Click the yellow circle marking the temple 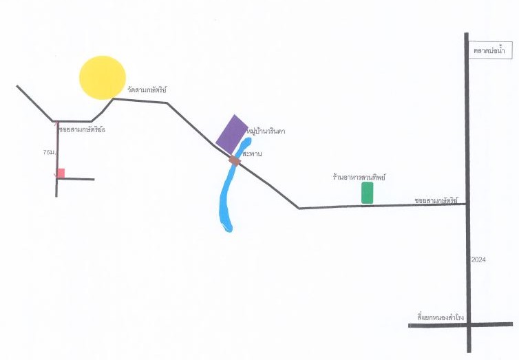(x=103, y=78)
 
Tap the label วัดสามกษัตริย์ (x=147, y=89)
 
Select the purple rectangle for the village (x=232, y=134)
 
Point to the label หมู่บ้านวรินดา (x=266, y=131)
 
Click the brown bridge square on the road (x=235, y=160)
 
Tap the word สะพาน (x=252, y=154)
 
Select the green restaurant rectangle (x=367, y=193)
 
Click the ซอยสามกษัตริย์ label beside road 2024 (x=436, y=200)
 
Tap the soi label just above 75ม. (x=82, y=129)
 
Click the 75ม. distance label (x=49, y=153)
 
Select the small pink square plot (x=61, y=173)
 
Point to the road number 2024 (x=478, y=260)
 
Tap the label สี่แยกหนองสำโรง (x=441, y=317)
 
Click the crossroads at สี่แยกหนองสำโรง (x=469, y=325)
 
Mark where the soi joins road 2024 (x=467, y=204)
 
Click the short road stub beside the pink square (x=76, y=179)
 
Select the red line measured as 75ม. (x=57, y=149)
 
